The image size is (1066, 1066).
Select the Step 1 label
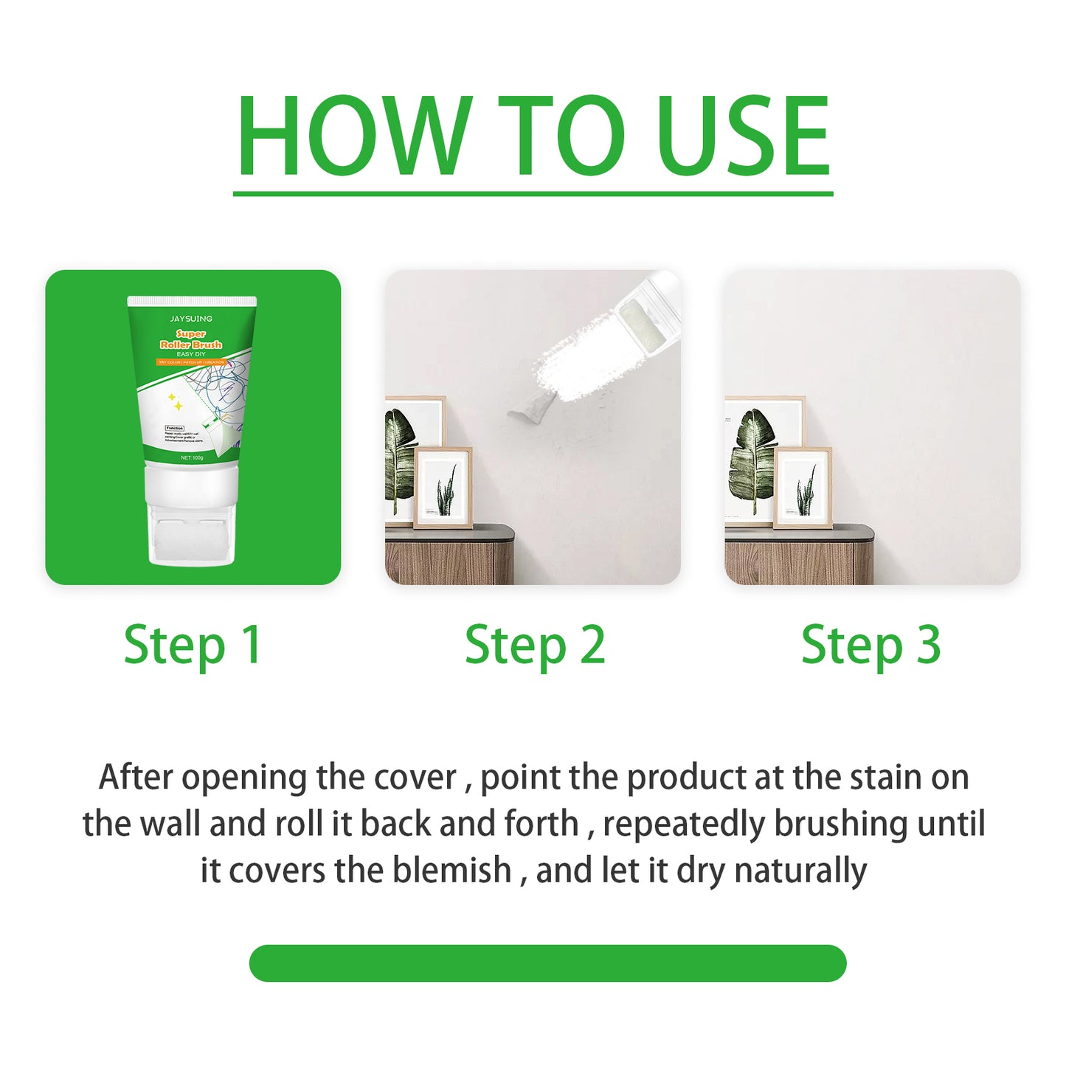[x=193, y=646]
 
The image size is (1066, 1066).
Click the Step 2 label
[x=535, y=646]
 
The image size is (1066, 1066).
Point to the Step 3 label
[x=871, y=646]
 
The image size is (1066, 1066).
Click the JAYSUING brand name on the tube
[x=191, y=319]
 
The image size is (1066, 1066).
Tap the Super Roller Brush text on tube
[x=191, y=339]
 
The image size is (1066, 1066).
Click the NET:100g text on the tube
[x=192, y=458]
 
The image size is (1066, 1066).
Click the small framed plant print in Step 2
[x=443, y=488]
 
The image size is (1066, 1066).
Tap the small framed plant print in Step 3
[x=803, y=488]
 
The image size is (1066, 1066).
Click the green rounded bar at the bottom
[x=547, y=963]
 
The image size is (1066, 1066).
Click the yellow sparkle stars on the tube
[x=176, y=402]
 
